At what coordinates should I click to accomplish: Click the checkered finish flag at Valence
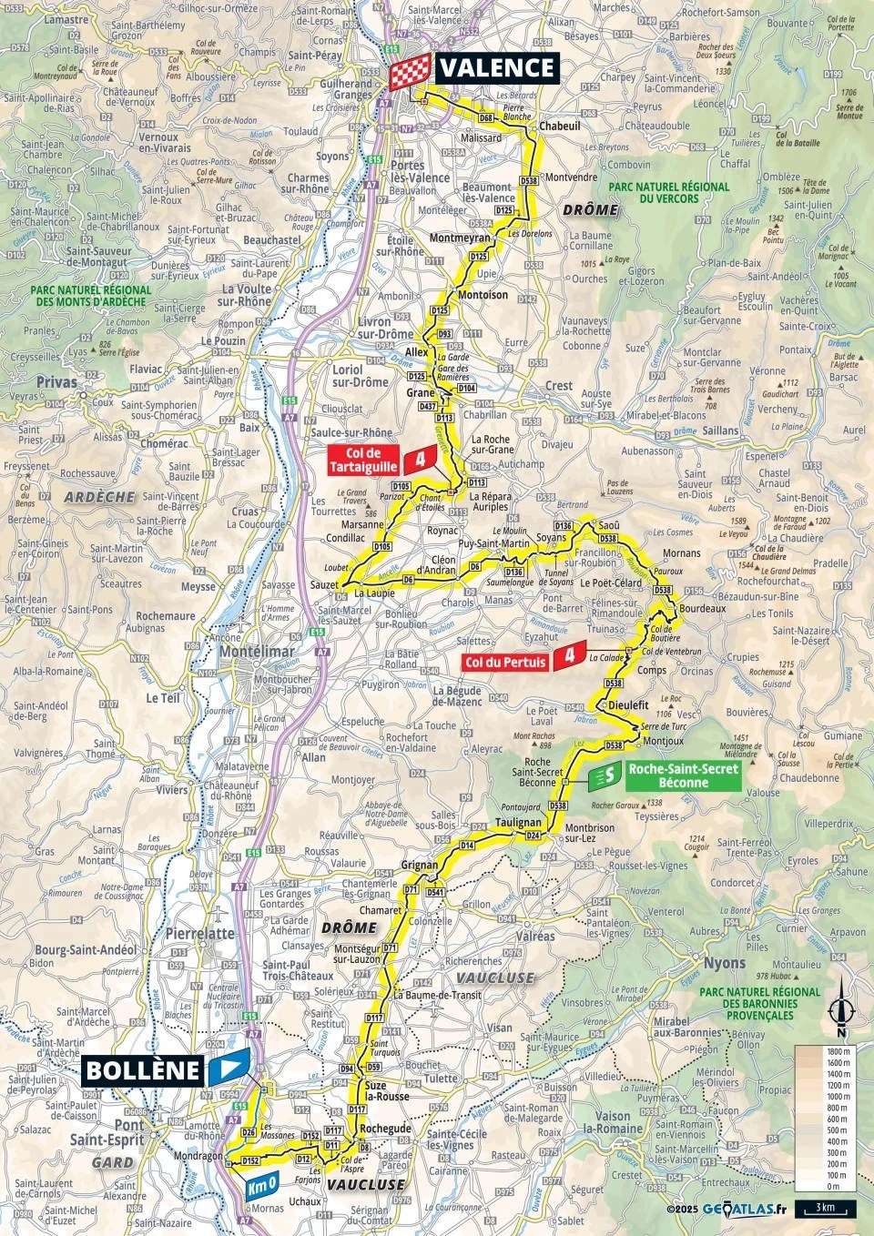point(410,72)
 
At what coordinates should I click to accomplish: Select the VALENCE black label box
point(497,68)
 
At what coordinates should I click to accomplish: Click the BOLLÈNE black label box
point(143,1069)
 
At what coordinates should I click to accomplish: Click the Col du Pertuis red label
point(505,662)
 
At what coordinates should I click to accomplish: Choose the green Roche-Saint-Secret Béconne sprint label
point(683,775)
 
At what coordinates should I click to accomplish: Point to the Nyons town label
point(724,963)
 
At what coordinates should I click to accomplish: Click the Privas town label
point(56,382)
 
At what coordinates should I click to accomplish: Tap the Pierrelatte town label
point(199,934)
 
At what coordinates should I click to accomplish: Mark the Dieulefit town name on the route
point(629,704)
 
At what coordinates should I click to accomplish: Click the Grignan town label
point(420,865)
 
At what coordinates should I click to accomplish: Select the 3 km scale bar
point(825,1209)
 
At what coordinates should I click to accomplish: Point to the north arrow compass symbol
point(841,1014)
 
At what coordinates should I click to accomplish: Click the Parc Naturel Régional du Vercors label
point(669,192)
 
